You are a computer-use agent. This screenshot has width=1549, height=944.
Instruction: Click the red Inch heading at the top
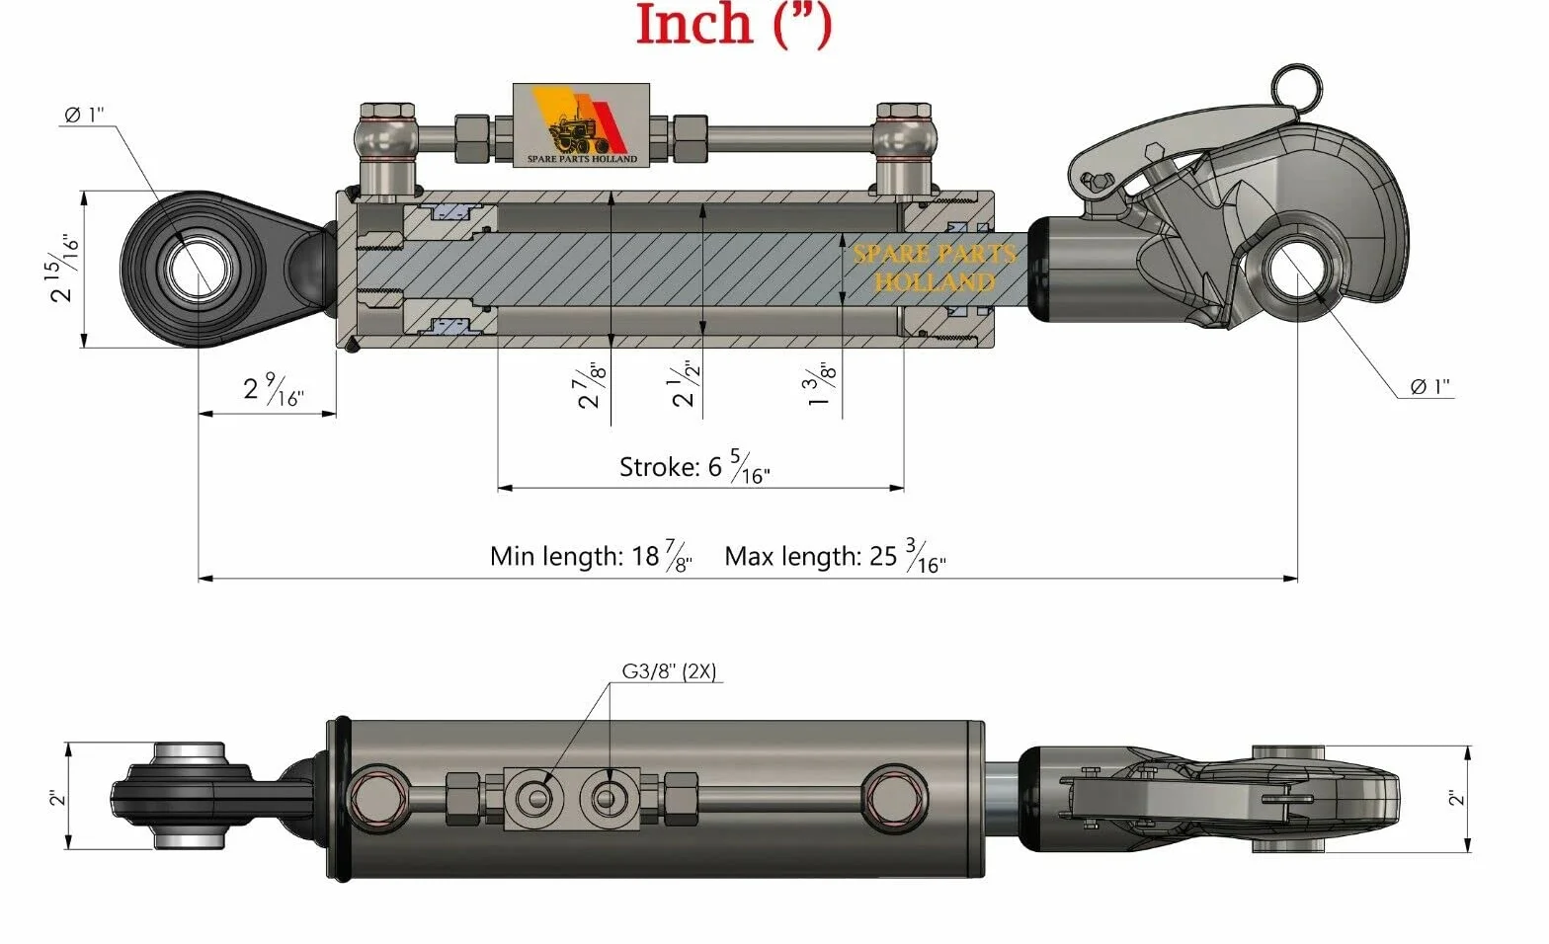[x=734, y=25]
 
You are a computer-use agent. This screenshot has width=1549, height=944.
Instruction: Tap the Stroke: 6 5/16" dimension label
[x=694, y=466]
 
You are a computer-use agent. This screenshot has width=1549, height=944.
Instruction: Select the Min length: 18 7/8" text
[x=591, y=556]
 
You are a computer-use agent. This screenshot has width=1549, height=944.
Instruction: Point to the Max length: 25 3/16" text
[x=836, y=556]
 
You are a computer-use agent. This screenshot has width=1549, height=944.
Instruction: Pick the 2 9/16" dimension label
[x=274, y=390]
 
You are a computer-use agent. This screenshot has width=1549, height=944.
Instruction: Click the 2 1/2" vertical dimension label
[x=685, y=383]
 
